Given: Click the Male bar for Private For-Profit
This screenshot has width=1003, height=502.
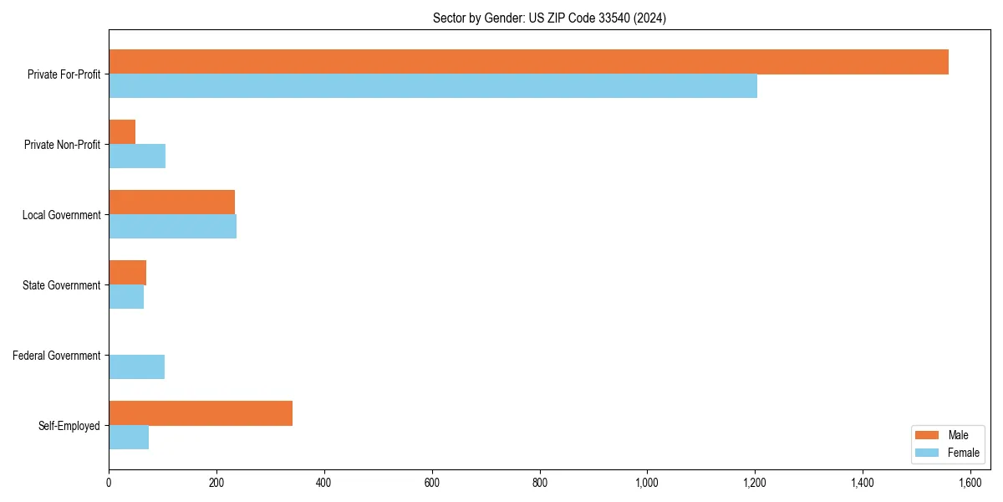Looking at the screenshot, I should click(528, 62).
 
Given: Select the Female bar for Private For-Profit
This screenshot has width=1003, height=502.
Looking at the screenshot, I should click(433, 86).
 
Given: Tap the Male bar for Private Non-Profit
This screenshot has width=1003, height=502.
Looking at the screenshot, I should click(122, 132).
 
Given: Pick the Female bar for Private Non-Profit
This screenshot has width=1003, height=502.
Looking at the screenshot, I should click(137, 156).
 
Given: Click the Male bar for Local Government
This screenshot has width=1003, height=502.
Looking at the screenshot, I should click(171, 202).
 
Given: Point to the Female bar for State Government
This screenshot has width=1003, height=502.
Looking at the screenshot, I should click(126, 297).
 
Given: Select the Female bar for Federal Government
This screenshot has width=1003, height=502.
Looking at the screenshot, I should click(136, 367).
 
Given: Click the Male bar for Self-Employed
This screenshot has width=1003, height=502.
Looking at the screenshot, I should click(201, 413).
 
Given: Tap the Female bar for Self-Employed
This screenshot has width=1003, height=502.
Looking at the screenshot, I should click(129, 438).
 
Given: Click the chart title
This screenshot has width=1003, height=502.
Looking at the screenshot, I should click(549, 18).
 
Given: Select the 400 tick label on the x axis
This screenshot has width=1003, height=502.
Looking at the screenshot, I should click(324, 483).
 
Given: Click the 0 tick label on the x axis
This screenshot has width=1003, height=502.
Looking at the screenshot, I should click(109, 483).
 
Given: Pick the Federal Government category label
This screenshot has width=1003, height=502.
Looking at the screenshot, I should click(57, 356).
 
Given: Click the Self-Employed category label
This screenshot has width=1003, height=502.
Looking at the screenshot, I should click(69, 426).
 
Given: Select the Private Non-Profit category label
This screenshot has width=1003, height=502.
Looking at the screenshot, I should click(63, 145).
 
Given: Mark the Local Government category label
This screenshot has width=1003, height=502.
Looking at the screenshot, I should click(62, 215).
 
